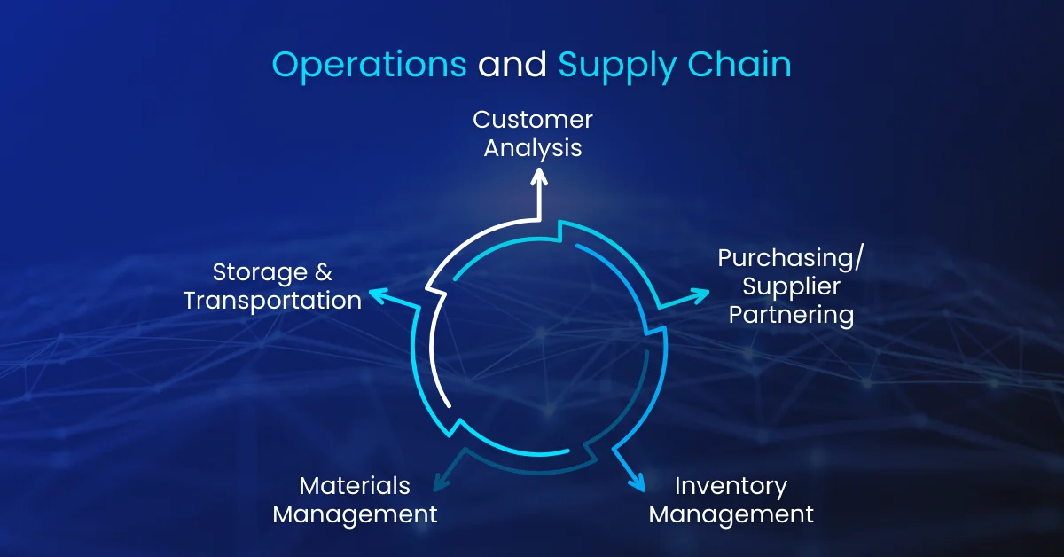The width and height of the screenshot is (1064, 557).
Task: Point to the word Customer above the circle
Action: [532, 119]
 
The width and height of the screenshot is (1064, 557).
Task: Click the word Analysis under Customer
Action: [532, 147]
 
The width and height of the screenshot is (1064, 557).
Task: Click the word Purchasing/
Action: [790, 258]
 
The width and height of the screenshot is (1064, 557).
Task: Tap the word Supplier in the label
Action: [791, 286]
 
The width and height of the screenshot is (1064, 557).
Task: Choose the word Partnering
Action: [791, 315]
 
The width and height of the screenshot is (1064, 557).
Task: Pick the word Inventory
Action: [731, 486]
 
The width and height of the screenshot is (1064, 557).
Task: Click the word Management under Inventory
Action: [731, 514]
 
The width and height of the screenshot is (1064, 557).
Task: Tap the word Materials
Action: [355, 486]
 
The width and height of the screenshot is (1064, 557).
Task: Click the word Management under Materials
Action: [355, 514]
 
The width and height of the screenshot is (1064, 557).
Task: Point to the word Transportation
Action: [272, 301]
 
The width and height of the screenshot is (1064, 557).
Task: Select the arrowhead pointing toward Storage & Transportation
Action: [377, 294]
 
